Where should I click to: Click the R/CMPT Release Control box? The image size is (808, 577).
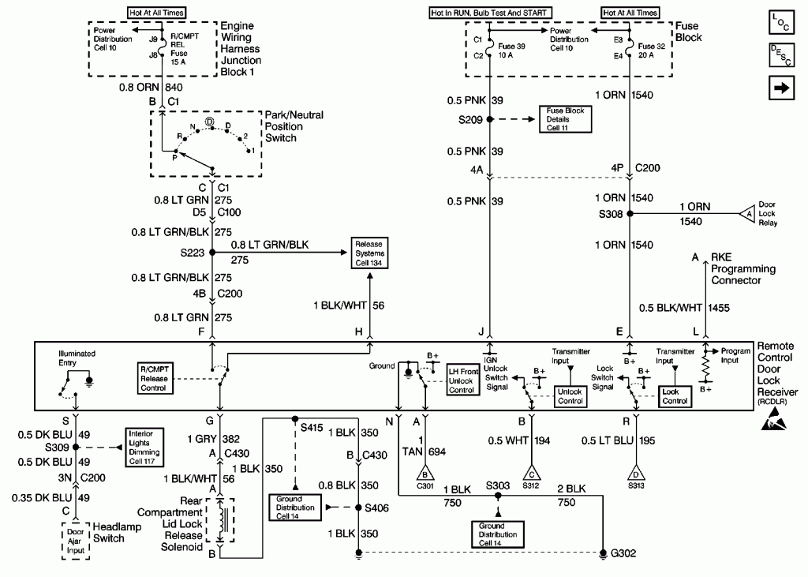click(155, 378)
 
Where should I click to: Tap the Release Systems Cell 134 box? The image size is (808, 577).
click(369, 253)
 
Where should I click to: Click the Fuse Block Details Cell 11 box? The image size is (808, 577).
click(565, 119)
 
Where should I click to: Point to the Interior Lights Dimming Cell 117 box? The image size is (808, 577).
click(144, 448)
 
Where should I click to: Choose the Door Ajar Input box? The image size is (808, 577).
click(75, 541)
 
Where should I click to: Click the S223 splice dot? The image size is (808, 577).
click(211, 252)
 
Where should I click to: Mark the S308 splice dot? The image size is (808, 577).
click(629, 213)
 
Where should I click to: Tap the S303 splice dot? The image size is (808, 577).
click(498, 496)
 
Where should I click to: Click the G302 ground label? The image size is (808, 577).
click(623, 553)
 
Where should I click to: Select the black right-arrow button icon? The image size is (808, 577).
click(781, 88)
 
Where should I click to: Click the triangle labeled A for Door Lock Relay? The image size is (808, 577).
click(747, 213)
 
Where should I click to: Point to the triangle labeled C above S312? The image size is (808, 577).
click(531, 473)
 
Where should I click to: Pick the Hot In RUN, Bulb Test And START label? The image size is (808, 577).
click(490, 13)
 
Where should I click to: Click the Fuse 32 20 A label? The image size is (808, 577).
click(651, 51)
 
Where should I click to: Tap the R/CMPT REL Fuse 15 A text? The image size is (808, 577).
click(185, 49)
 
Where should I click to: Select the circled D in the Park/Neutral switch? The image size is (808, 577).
click(210, 122)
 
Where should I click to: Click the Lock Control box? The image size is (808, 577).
click(675, 396)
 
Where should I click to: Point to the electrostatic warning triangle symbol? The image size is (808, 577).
click(775, 418)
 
